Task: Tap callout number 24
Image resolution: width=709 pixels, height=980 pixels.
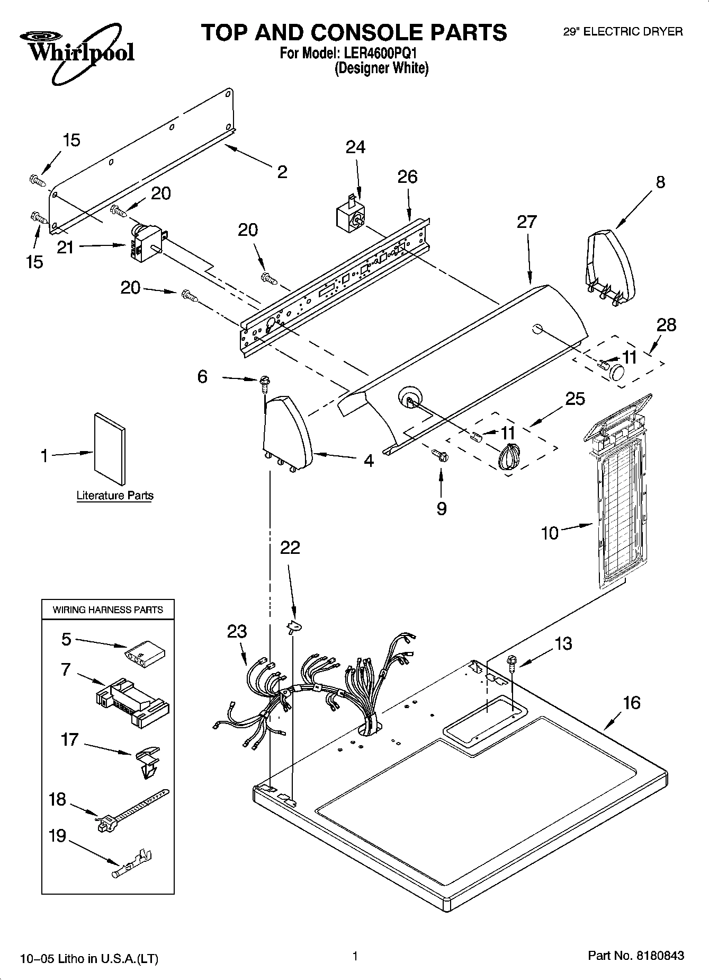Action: (x=355, y=147)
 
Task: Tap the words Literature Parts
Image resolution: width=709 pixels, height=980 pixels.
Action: (x=115, y=496)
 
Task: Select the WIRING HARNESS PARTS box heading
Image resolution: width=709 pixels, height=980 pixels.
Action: (x=107, y=610)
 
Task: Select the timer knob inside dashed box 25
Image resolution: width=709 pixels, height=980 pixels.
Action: (x=509, y=456)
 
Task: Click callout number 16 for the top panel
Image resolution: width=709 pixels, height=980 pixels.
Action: (x=631, y=703)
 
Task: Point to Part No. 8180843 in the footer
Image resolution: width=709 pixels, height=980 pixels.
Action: (x=636, y=956)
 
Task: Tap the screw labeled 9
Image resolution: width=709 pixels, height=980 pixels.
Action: (x=440, y=454)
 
